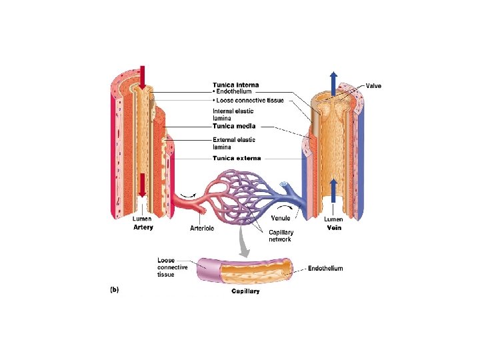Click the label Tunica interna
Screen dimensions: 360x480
[235, 85]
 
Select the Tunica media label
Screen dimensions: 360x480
[234, 125]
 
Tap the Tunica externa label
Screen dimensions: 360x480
[237, 158]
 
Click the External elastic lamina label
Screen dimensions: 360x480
[233, 143]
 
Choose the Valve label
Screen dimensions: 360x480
[374, 85]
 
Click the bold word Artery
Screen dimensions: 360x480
[142, 227]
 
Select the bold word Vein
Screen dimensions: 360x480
[334, 227]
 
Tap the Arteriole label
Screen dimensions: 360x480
[202, 227]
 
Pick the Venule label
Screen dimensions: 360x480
[281, 218]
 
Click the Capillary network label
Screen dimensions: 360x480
[281, 235]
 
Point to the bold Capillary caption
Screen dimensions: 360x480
[245, 291]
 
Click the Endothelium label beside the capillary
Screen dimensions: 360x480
[325, 269]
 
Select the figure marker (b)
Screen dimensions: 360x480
[113, 289]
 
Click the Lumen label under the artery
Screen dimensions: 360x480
[142, 219]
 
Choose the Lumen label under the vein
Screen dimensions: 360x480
[333, 219]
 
